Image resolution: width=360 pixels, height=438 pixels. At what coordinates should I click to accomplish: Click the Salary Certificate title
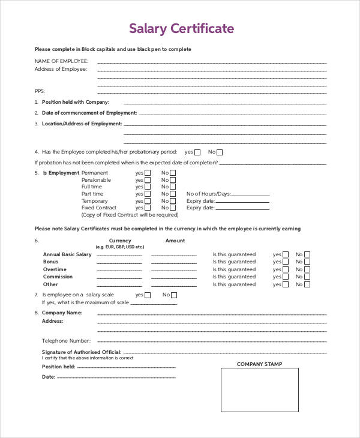tap(182, 28)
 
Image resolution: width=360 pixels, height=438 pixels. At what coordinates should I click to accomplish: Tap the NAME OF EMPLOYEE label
tap(61, 61)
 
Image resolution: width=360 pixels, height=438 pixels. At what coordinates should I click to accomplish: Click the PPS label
tap(40, 91)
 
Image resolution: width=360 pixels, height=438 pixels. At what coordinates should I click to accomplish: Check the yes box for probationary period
tap(199, 152)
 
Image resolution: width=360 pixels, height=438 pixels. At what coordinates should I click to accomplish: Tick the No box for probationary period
tap(220, 152)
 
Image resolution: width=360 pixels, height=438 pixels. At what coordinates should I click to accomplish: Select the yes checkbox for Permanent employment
tap(148, 173)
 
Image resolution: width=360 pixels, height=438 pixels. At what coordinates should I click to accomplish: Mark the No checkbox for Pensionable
tap(173, 180)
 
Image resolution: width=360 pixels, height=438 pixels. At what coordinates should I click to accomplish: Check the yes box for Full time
tap(148, 187)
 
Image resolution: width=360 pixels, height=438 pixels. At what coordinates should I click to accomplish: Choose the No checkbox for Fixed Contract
tap(173, 208)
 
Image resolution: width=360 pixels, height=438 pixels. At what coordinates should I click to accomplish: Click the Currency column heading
tap(120, 241)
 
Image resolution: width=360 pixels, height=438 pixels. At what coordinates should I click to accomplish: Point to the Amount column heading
tap(175, 241)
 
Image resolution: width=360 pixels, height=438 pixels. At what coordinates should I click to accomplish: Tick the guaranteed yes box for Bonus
tap(286, 262)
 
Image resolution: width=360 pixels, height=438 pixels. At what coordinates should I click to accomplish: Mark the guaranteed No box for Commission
tap(307, 277)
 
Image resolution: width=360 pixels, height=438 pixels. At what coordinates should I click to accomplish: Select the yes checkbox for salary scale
tap(148, 295)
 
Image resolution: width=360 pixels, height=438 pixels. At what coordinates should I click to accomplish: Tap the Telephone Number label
tap(66, 340)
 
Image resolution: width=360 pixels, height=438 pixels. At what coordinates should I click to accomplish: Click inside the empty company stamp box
tap(260, 389)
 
